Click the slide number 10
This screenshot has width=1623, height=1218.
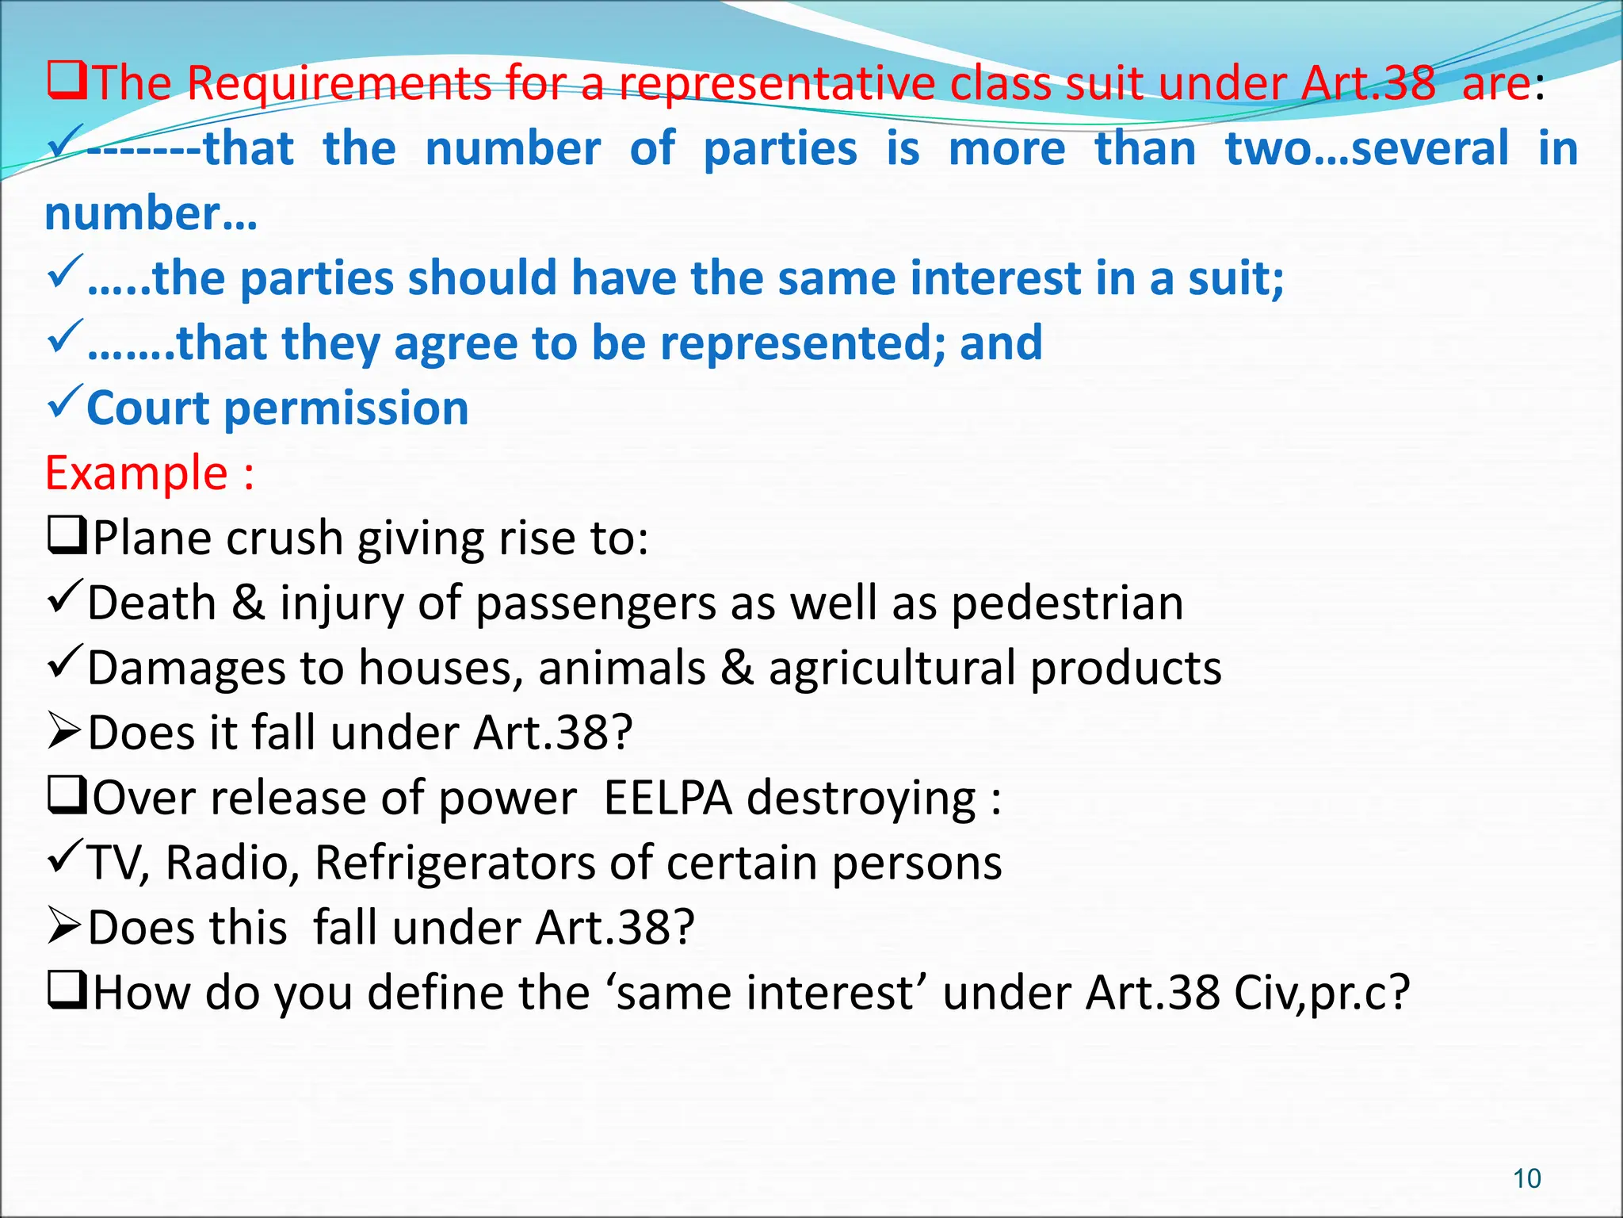pos(1526,1178)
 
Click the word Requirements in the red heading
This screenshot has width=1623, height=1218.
pos(338,83)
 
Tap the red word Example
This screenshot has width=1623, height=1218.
pos(136,473)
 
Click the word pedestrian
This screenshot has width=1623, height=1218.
pos(1067,603)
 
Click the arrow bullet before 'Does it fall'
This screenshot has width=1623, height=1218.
pos(64,731)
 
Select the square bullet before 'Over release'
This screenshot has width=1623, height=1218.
pos(67,796)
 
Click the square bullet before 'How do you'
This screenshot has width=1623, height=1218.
pos(67,991)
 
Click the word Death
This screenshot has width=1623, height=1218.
pos(151,603)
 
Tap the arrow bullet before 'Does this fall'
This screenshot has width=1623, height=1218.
pos(64,926)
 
